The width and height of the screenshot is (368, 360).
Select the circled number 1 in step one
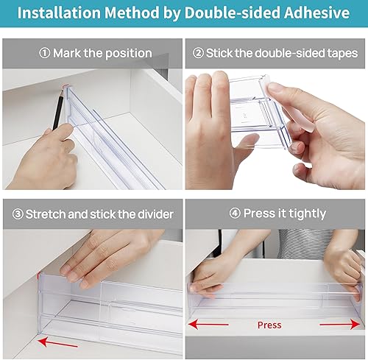(45, 53)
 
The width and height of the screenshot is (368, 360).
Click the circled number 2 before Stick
(198, 53)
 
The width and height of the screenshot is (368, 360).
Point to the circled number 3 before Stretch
(18, 214)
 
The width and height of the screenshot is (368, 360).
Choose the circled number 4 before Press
(235, 213)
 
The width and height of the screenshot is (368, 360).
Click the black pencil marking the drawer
(58, 109)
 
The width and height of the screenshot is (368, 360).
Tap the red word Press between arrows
(269, 325)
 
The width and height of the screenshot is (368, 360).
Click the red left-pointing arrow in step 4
(208, 325)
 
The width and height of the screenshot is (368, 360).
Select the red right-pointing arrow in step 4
(340, 325)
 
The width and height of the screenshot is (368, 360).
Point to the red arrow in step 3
(57, 342)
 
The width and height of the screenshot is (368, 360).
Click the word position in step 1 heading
(129, 54)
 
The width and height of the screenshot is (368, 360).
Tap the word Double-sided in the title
(232, 13)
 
